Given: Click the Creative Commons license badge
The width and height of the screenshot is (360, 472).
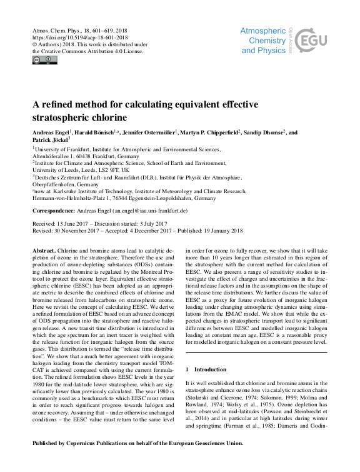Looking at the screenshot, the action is pos(44,60).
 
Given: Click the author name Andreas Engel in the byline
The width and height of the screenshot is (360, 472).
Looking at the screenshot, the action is pos(51,133).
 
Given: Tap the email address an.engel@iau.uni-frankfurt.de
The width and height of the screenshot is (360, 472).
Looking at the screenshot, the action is pos(149,211).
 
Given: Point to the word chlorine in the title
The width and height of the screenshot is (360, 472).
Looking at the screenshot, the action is pos(108,117).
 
